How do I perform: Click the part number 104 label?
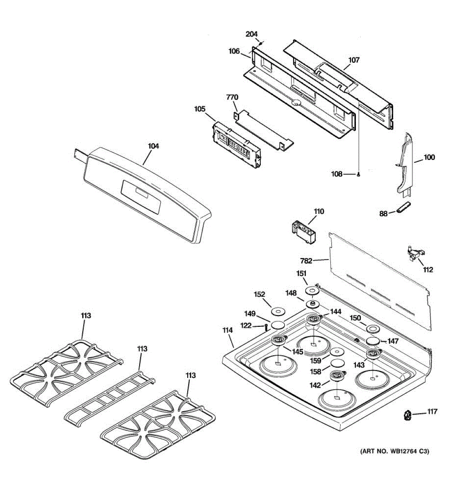[153, 146]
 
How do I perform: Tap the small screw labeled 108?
[359, 174]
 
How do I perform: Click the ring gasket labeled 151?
[312, 291]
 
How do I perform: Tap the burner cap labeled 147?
[374, 341]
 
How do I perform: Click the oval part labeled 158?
[338, 362]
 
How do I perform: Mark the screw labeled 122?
[267, 326]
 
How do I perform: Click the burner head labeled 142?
[336, 376]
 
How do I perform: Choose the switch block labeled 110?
[303, 231]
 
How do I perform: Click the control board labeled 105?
[237, 145]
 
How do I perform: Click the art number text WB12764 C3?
[394, 451]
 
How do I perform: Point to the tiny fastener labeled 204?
[261, 43]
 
